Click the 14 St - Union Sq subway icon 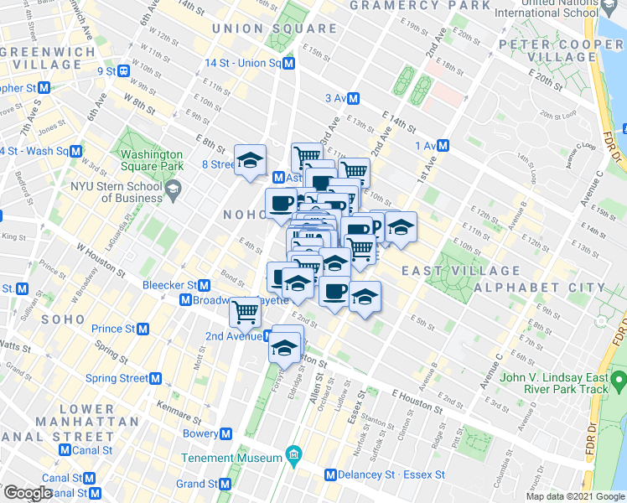pyautogui.click(x=288, y=64)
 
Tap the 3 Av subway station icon pyautogui.click(x=354, y=98)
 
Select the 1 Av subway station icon pyautogui.click(x=443, y=145)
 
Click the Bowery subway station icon pyautogui.click(x=225, y=434)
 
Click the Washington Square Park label pyautogui.click(x=152, y=160)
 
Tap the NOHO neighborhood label pyautogui.click(x=244, y=215)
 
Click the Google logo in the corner pyautogui.click(x=27, y=493)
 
